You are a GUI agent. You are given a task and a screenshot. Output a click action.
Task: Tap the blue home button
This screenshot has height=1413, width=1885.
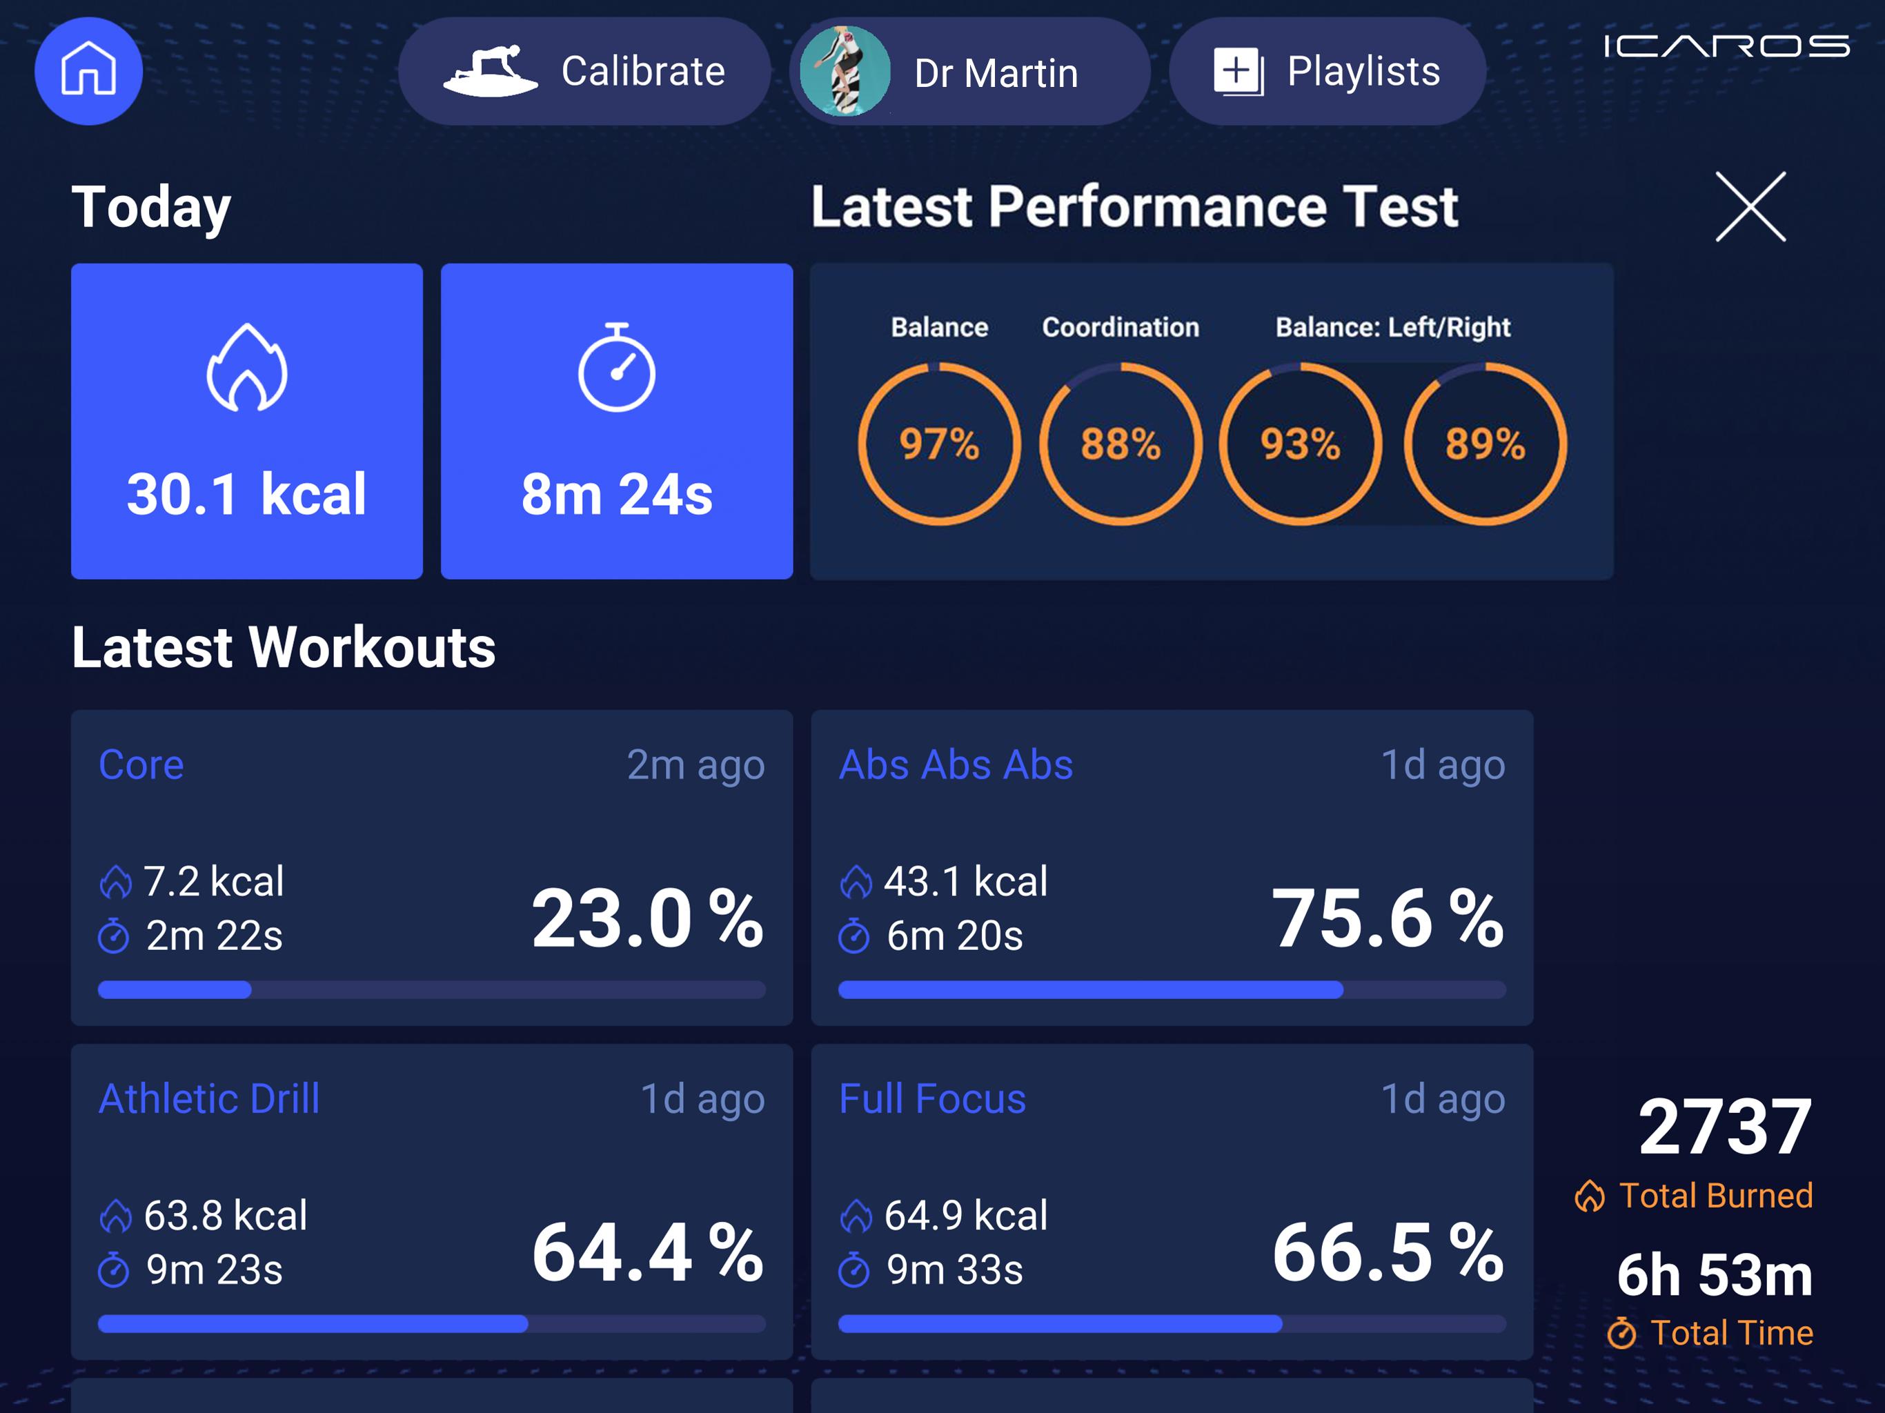click(x=88, y=71)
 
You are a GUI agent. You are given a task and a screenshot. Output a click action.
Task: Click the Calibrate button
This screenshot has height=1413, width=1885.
click(x=584, y=72)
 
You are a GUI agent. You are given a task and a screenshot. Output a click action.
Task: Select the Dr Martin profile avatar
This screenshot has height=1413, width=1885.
click(x=845, y=71)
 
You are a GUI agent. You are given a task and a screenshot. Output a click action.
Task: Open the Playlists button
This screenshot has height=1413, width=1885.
click(x=1327, y=72)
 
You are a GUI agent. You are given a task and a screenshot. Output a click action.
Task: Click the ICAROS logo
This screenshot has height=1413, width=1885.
click(x=1726, y=46)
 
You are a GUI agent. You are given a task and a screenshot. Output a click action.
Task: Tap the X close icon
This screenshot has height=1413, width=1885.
click(x=1750, y=206)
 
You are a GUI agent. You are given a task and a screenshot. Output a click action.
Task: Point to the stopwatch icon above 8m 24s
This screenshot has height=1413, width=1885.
click(x=616, y=367)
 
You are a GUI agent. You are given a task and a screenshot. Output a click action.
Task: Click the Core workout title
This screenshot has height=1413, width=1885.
click(x=141, y=764)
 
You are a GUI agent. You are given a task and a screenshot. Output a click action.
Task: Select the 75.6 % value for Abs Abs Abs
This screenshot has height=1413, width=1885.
click(x=1388, y=919)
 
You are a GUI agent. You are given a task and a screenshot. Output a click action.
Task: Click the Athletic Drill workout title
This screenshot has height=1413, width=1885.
click(x=209, y=1098)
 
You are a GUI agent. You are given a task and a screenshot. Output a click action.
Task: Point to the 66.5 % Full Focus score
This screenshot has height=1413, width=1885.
click(x=1388, y=1253)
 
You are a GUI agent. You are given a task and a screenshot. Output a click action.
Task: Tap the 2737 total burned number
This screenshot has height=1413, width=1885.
click(x=1725, y=1127)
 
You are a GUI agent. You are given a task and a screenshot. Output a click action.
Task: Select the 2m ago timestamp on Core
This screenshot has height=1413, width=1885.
click(x=695, y=765)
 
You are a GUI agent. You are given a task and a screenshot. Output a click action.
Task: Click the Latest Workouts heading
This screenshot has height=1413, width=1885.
click(x=284, y=648)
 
